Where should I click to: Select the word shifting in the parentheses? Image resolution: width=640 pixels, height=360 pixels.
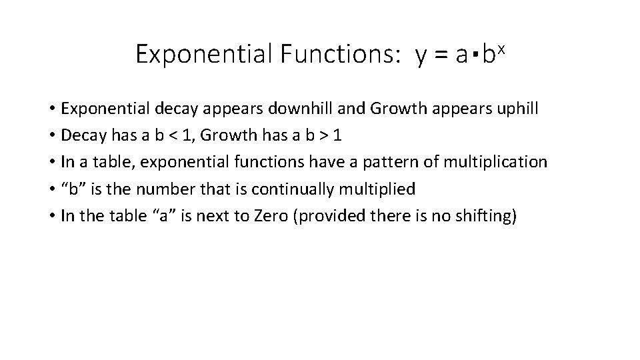click(x=483, y=216)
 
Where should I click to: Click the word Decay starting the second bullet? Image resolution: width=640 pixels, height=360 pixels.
click(x=79, y=135)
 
